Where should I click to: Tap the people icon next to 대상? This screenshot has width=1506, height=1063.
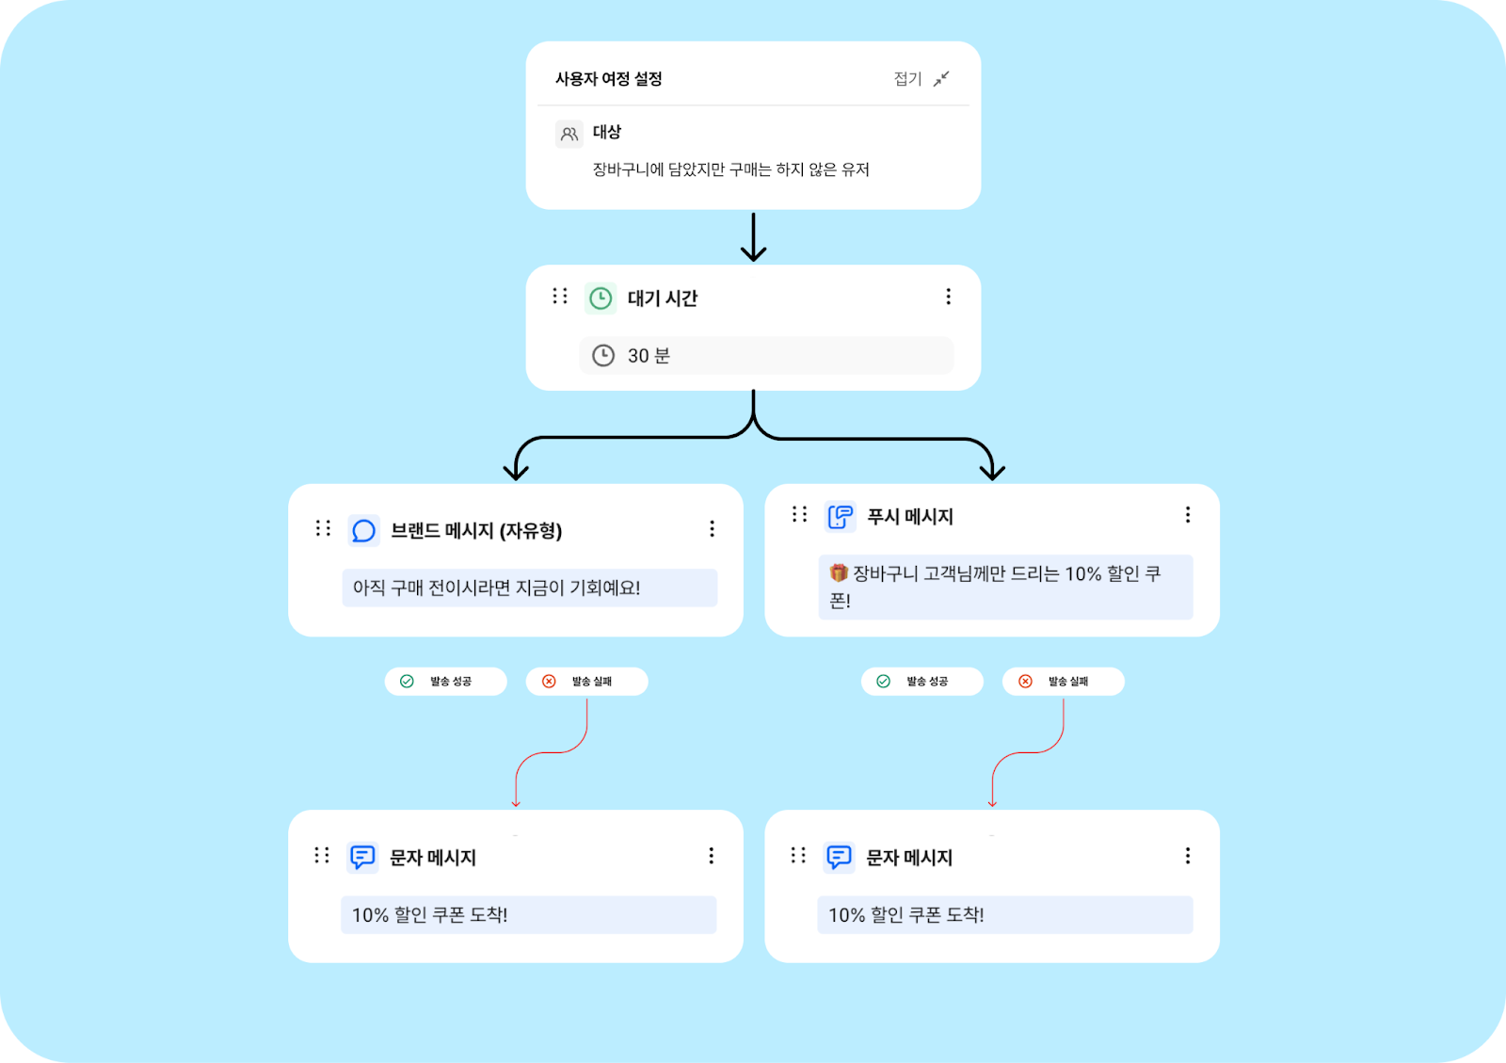(569, 134)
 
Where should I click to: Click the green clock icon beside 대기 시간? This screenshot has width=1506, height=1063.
(601, 298)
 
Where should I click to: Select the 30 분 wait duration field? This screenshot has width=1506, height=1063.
(766, 356)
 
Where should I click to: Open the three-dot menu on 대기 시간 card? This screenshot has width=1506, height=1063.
(948, 297)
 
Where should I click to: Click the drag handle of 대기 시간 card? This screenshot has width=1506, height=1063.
(560, 297)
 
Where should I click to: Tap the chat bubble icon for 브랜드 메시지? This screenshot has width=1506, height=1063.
(363, 531)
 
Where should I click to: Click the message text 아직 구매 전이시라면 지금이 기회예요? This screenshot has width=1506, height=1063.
(497, 588)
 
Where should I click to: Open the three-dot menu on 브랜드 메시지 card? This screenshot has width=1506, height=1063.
(712, 529)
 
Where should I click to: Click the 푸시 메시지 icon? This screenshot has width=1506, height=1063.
(840, 516)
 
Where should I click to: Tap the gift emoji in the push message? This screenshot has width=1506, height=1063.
(839, 572)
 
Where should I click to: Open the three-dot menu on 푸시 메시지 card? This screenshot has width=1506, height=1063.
(1188, 514)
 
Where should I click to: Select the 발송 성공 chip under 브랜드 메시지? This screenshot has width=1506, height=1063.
(445, 682)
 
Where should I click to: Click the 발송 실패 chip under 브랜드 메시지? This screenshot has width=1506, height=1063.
(586, 682)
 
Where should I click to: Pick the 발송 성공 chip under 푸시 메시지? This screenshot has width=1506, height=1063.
(921, 682)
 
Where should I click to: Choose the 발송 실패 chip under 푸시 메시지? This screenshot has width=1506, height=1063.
(1063, 682)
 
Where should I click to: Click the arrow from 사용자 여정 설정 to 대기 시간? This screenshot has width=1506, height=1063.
(753, 237)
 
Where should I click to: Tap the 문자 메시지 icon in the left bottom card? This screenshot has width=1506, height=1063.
(362, 857)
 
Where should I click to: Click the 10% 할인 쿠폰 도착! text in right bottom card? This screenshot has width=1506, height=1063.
(906, 915)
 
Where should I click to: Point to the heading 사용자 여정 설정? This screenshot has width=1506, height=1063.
(609, 79)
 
